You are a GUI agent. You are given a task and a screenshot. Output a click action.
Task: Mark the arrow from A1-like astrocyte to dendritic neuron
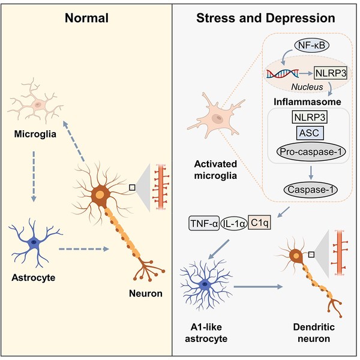click(254, 287)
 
